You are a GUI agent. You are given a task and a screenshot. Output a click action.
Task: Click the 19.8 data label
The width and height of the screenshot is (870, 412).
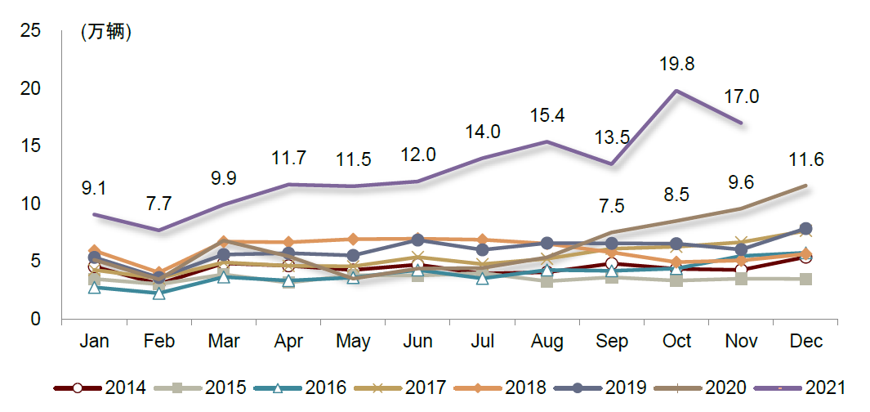coord(677,64)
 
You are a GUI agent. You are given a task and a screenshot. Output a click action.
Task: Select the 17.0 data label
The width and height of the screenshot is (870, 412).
coord(742,96)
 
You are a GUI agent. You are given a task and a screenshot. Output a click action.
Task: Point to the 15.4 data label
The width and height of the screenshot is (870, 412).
coord(547,116)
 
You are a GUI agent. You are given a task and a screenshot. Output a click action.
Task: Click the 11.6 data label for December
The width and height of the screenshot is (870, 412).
coord(805,159)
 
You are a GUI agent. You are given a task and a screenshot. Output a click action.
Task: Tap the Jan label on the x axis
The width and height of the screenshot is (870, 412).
coord(94,341)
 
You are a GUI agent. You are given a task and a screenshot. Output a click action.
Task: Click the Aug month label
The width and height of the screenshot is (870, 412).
coord(547,341)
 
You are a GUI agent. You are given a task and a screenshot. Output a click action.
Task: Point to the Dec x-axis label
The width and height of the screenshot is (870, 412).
coord(805,341)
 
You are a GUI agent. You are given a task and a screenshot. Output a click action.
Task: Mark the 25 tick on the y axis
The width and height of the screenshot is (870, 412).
coord(30,31)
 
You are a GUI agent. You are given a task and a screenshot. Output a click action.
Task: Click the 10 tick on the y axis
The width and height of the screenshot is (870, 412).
coord(30,204)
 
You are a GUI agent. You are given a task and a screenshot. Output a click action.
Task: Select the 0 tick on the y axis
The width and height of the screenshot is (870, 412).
coord(35,319)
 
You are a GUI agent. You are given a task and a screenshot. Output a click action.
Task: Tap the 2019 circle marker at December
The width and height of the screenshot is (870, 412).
coord(805,229)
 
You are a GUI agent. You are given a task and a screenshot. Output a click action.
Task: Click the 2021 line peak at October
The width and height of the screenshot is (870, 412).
coord(676,90)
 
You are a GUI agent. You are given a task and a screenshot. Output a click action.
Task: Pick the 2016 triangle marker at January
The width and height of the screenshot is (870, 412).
coord(95,287)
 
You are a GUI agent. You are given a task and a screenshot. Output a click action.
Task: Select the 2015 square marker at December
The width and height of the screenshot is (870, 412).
coord(805,280)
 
